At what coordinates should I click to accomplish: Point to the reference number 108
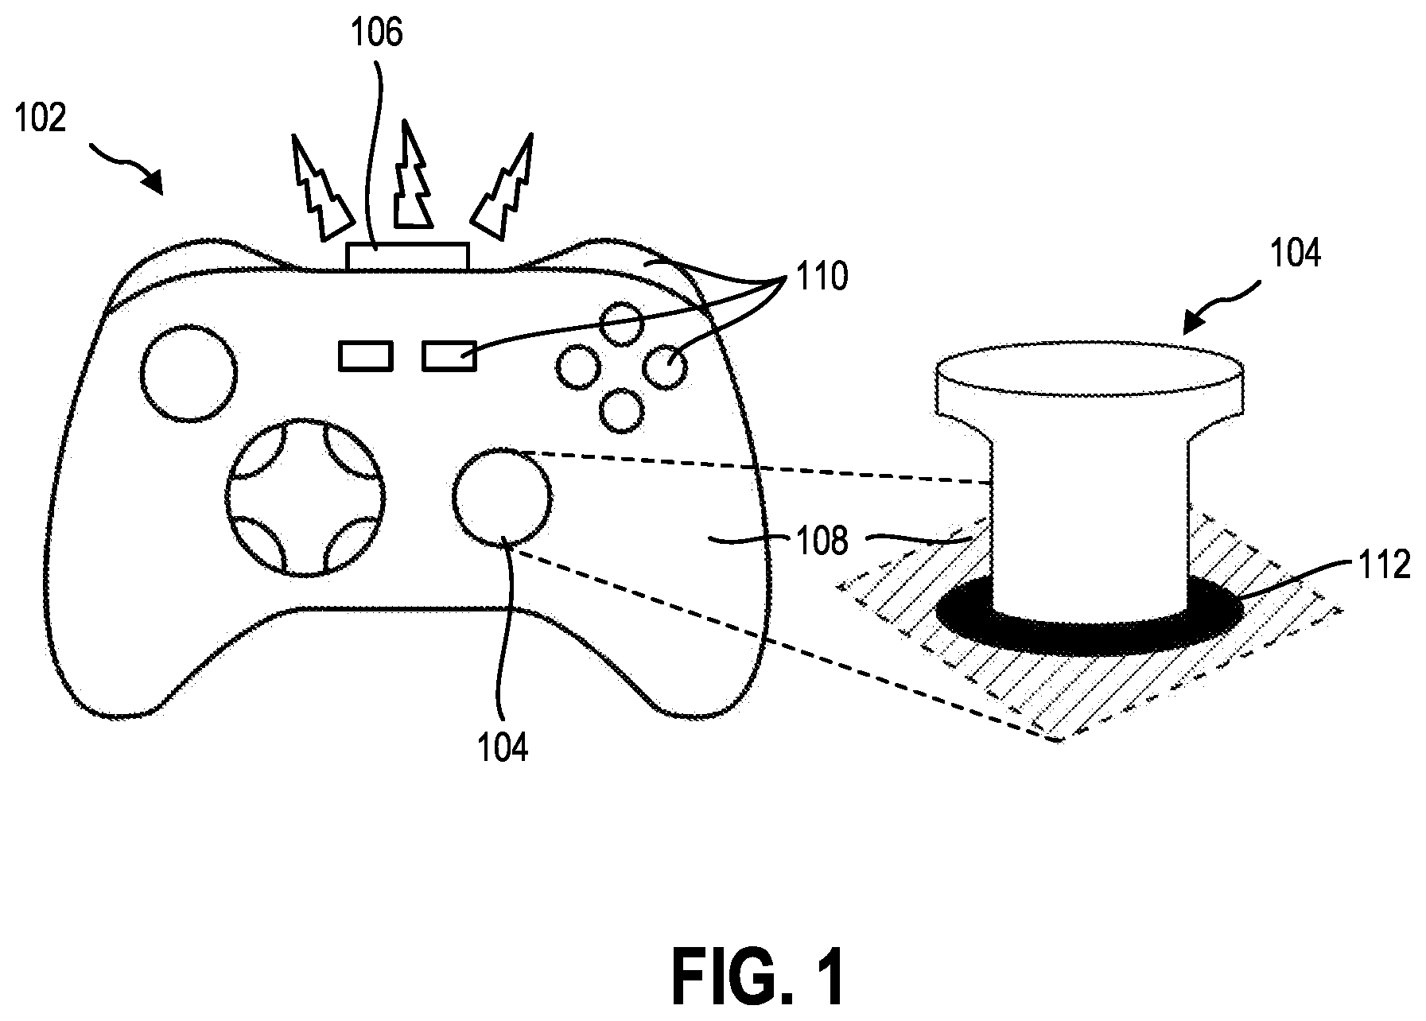coord(822,542)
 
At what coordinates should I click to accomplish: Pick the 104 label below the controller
coord(503,748)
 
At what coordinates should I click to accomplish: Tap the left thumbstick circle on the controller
coord(188,372)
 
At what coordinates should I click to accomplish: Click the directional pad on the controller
coord(305,496)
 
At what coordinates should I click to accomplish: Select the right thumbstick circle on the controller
coord(502,497)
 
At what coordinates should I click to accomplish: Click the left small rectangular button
coord(366,355)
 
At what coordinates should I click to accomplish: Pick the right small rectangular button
coord(449,355)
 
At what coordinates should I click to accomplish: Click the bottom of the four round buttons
coord(622,409)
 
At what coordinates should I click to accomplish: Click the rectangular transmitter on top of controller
coord(408,257)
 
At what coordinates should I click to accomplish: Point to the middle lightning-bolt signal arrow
coord(411,173)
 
